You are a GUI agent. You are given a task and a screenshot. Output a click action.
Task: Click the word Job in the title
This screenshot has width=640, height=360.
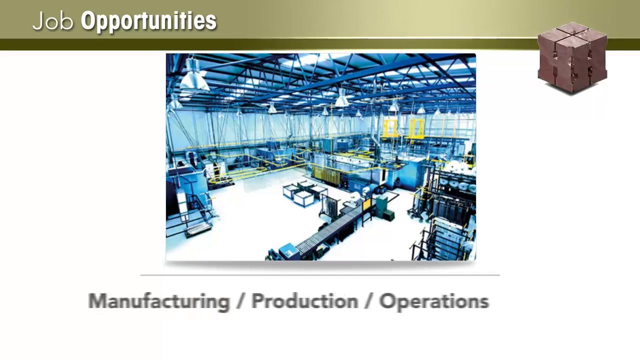tap(52, 21)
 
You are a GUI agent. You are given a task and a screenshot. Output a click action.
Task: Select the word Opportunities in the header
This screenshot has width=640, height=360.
tap(148, 21)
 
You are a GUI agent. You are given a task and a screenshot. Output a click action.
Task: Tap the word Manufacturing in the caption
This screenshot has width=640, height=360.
tap(159, 301)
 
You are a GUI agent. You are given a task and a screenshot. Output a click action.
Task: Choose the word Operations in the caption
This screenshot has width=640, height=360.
tap(434, 301)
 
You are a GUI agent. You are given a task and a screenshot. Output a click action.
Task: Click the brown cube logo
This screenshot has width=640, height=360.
tap(572, 57)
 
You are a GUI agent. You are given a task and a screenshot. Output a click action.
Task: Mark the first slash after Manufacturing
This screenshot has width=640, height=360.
tap(241, 301)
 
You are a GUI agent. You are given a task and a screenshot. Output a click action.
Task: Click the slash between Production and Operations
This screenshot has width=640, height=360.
tap(369, 301)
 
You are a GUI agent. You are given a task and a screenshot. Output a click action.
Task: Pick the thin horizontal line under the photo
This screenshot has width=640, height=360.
tap(320, 275)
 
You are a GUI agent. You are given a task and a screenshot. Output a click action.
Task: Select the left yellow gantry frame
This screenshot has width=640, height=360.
tap(391, 127)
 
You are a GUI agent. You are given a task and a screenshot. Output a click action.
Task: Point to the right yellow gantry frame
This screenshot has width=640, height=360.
tap(416, 127)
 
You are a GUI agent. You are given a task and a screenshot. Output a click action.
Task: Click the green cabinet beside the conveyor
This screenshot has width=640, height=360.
tap(383, 206)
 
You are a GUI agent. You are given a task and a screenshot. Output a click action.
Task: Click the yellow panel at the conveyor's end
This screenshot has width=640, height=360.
tap(367, 203)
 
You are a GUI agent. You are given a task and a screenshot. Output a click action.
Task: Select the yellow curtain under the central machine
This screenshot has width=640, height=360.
tap(325, 175)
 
